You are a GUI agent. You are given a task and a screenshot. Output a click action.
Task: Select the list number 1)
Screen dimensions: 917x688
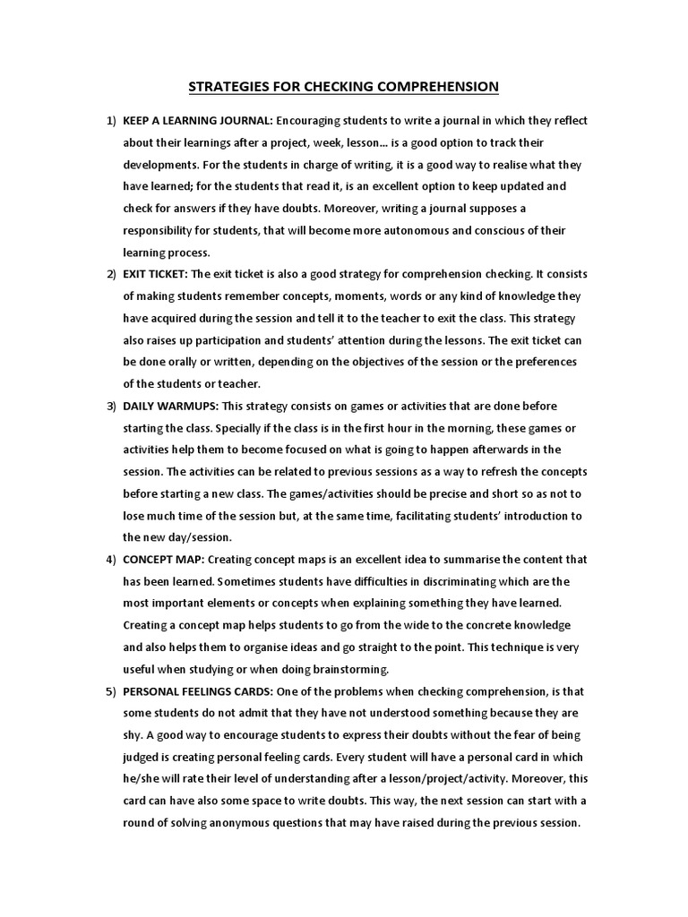click(x=111, y=121)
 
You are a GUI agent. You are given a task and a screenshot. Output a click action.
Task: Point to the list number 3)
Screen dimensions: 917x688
click(x=111, y=406)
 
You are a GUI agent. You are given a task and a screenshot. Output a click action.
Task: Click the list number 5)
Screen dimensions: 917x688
click(x=111, y=690)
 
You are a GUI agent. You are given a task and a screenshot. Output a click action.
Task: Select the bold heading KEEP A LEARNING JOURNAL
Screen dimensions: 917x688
click(x=198, y=121)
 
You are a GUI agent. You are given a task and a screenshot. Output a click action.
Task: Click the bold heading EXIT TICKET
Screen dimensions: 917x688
click(x=155, y=274)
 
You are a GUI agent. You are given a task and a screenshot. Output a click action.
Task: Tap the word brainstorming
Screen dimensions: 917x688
click(x=345, y=668)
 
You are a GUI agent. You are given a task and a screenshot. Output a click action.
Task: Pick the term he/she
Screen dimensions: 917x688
click(x=145, y=778)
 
